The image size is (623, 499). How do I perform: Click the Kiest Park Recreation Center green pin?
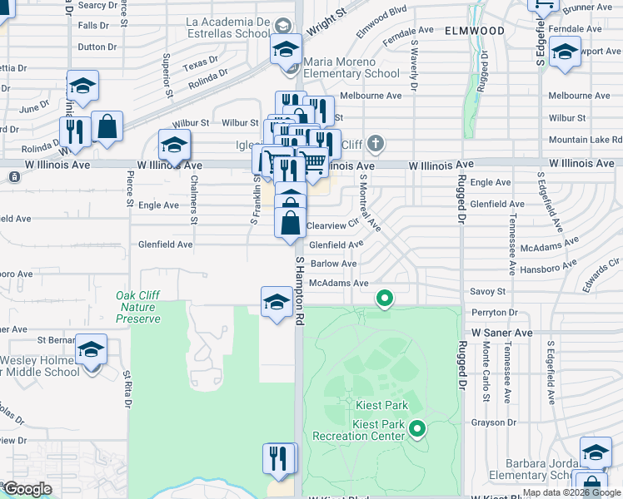(x=417, y=429)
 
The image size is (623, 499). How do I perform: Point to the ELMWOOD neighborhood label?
(x=475, y=30)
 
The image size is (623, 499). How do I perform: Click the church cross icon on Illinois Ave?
(x=376, y=144)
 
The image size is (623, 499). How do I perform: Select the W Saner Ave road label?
(x=501, y=332)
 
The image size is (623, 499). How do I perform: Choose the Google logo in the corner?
(x=27, y=489)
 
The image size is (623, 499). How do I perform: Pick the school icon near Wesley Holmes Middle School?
(x=91, y=349)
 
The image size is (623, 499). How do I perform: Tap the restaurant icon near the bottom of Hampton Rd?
(x=278, y=459)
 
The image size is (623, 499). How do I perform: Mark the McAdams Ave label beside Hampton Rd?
(x=338, y=283)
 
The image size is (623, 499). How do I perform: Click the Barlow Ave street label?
(x=333, y=264)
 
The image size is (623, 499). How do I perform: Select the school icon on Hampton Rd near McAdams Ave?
(x=277, y=302)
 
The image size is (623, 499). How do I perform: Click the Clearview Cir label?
(x=331, y=225)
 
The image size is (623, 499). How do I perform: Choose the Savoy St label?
(x=488, y=292)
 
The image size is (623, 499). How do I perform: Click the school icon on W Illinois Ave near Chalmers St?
(x=174, y=146)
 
